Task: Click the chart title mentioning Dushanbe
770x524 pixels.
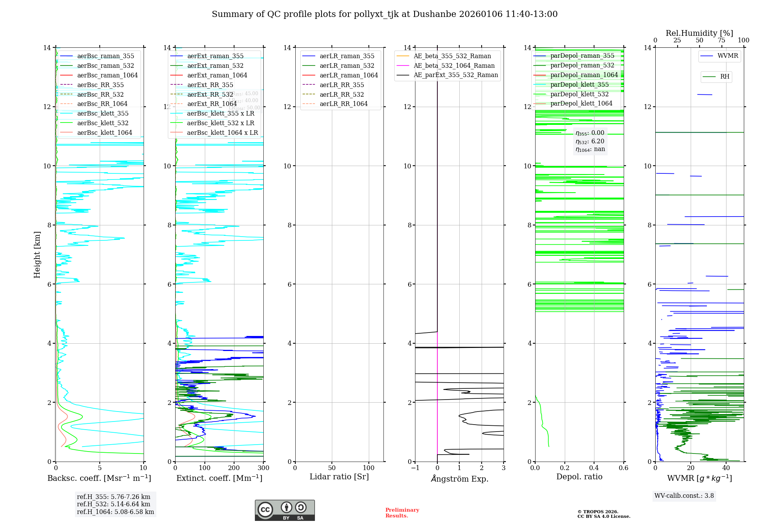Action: tap(385, 14)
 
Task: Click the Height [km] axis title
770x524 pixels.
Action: tap(37, 254)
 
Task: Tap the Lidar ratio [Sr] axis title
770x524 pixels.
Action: tap(339, 477)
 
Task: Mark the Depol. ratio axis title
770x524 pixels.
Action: tap(579, 477)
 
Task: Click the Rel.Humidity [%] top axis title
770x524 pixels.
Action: tap(699, 33)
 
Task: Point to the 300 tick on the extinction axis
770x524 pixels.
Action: tap(263, 468)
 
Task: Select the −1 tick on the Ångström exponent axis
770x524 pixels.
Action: tap(415, 468)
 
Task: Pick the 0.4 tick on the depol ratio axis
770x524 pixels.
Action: tap(594, 468)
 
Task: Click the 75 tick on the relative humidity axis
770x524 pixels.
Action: tap(721, 40)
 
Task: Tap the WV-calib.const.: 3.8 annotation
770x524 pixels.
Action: tap(684, 495)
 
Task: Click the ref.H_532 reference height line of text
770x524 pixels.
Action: tap(114, 504)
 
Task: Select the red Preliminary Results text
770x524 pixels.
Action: tap(402, 512)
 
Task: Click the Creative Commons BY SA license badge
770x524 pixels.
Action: tap(285, 510)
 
